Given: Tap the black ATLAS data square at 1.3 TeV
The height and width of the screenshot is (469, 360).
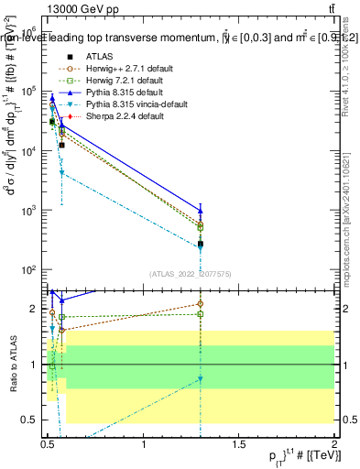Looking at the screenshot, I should [201, 244].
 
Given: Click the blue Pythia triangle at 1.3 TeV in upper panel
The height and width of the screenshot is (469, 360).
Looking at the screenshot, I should [201, 210].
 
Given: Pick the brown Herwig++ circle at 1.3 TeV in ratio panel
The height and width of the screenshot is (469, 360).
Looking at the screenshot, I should [201, 303].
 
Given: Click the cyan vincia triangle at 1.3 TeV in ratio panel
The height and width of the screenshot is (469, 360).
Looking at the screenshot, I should [201, 378].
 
